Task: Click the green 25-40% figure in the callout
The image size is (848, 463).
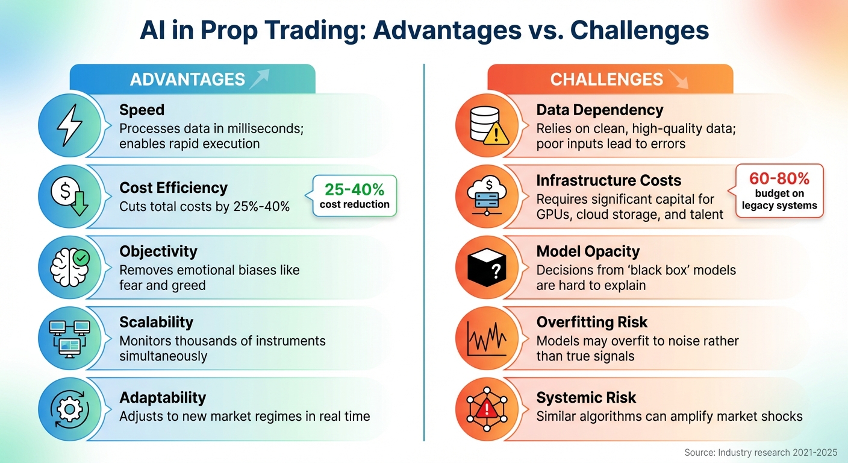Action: [x=354, y=189]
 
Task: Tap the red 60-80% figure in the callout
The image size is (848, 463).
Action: [x=779, y=178]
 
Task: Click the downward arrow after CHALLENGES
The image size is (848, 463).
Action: [x=678, y=79]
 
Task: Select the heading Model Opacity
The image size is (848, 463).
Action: [x=588, y=251]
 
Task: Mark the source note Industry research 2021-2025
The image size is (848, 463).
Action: [x=761, y=452]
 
